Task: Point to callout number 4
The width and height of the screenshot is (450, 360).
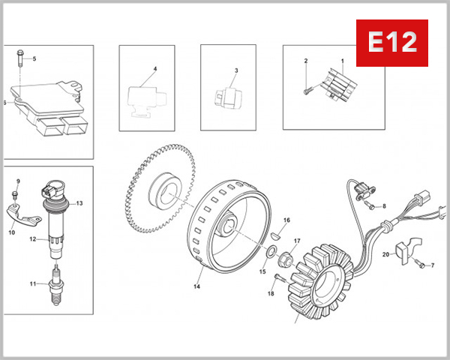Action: click(154, 69)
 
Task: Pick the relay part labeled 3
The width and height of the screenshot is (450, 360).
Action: click(225, 97)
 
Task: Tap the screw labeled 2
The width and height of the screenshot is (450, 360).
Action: click(308, 91)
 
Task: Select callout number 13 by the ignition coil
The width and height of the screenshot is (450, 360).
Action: click(79, 203)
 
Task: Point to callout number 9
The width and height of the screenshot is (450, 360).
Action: click(18, 181)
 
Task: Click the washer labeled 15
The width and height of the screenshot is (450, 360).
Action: click(274, 249)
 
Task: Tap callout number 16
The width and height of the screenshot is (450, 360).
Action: click(286, 220)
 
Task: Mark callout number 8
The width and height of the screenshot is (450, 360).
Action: click(384, 205)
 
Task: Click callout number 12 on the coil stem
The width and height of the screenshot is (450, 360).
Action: click(33, 239)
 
